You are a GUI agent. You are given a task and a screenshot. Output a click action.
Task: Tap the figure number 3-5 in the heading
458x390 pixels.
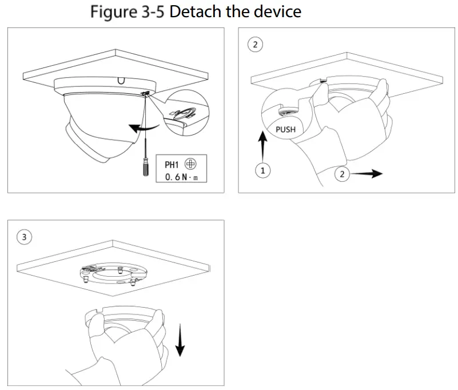[x=149, y=11]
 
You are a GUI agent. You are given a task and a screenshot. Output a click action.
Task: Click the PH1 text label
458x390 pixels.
[x=172, y=164]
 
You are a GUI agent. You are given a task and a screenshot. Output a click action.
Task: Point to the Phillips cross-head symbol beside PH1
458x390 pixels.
[x=191, y=164]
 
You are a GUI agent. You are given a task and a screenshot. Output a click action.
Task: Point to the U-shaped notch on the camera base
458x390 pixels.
[x=120, y=81]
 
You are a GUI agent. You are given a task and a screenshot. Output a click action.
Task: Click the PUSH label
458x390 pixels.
[x=285, y=129]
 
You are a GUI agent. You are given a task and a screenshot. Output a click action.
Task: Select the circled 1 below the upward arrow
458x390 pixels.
[x=262, y=171]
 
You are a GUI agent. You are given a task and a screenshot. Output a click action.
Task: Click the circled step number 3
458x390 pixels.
[x=24, y=236]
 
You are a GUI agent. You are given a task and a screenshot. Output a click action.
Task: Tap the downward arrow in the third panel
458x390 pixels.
[x=181, y=340]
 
